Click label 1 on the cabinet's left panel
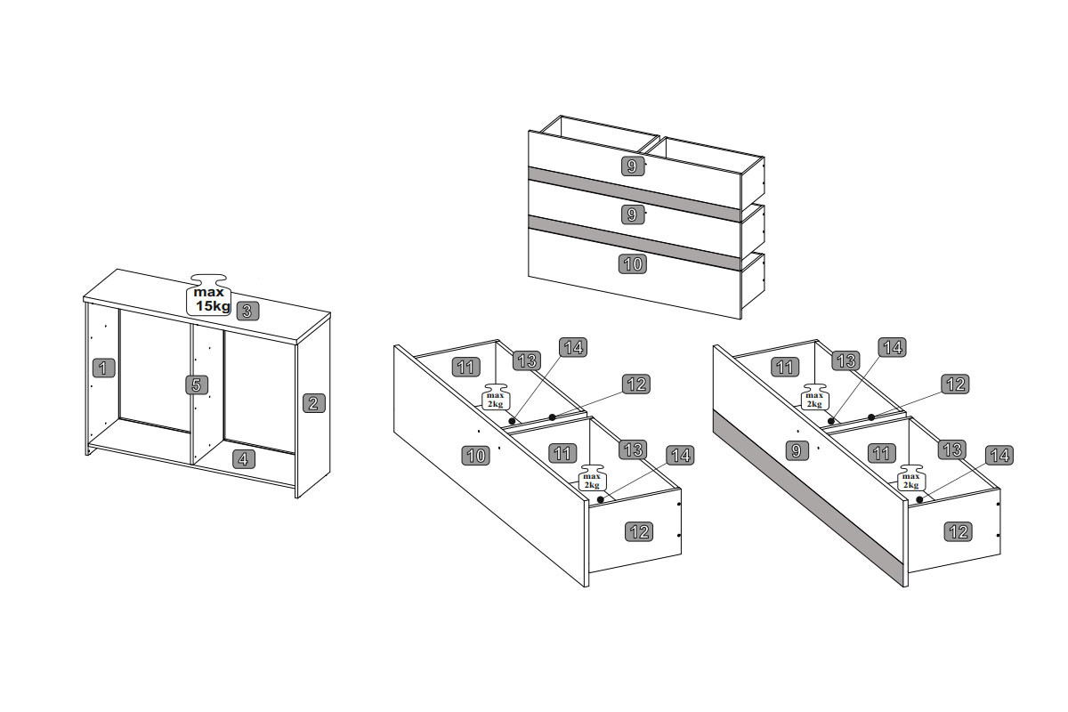coord(103,368)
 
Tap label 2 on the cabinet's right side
coord(313,403)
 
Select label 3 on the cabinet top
coord(247,311)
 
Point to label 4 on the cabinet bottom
coord(244,459)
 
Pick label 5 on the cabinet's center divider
coord(197,384)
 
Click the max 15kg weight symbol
coord(208,295)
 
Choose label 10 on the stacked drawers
coord(633,263)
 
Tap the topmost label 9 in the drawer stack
coord(632,166)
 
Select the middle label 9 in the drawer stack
coord(632,214)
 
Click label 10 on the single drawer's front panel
coord(476,456)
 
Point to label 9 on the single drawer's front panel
coord(797,450)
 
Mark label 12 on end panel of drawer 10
coord(639,531)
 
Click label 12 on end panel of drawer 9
coord(959,531)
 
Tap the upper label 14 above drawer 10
coord(573,348)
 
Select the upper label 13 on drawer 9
coord(846,360)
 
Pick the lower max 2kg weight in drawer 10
coord(592,478)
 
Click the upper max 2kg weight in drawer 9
coord(814,397)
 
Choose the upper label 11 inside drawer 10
coord(465,368)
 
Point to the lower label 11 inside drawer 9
coord(882,453)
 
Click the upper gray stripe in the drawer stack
coord(634,194)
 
